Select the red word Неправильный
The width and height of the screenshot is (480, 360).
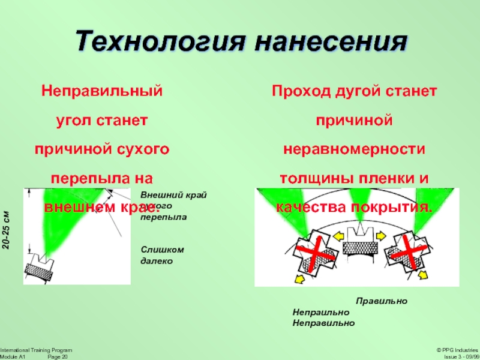click(102, 92)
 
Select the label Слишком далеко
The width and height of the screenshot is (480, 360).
click(162, 255)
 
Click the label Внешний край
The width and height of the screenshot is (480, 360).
click(173, 196)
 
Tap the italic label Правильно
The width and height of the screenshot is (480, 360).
click(382, 301)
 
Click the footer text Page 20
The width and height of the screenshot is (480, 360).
click(58, 356)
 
